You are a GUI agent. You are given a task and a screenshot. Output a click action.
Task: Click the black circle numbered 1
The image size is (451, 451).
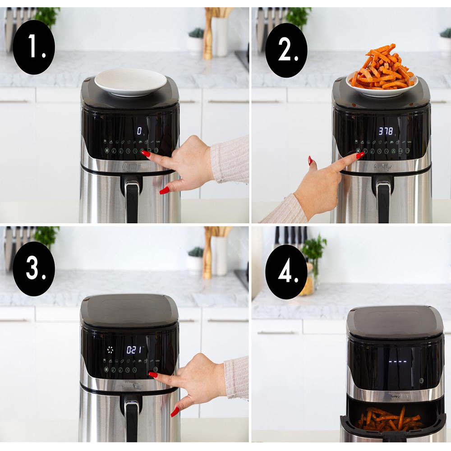34,47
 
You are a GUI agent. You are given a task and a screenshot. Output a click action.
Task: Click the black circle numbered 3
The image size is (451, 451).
34,268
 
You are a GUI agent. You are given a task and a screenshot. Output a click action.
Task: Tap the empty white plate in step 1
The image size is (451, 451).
130,81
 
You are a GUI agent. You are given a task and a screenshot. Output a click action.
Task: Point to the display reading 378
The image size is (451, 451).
386,131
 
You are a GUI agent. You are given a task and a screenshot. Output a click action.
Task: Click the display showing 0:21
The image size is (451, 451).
134,350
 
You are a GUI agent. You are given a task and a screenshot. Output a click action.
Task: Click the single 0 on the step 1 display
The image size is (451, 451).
139,131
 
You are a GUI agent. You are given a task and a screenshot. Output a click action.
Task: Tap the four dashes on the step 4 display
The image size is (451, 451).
398,361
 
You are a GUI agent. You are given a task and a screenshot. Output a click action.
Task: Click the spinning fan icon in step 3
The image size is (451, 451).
110,350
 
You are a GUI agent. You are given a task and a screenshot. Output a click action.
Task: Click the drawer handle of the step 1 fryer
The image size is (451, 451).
132,198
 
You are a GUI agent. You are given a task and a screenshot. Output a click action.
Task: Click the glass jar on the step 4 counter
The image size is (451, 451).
308,280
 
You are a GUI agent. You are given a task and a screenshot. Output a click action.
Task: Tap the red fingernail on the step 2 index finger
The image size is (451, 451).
360,155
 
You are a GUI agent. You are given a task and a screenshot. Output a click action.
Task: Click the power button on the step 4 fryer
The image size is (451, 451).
421,381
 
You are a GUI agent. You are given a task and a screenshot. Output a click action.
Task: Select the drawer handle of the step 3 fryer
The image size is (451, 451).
132,417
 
